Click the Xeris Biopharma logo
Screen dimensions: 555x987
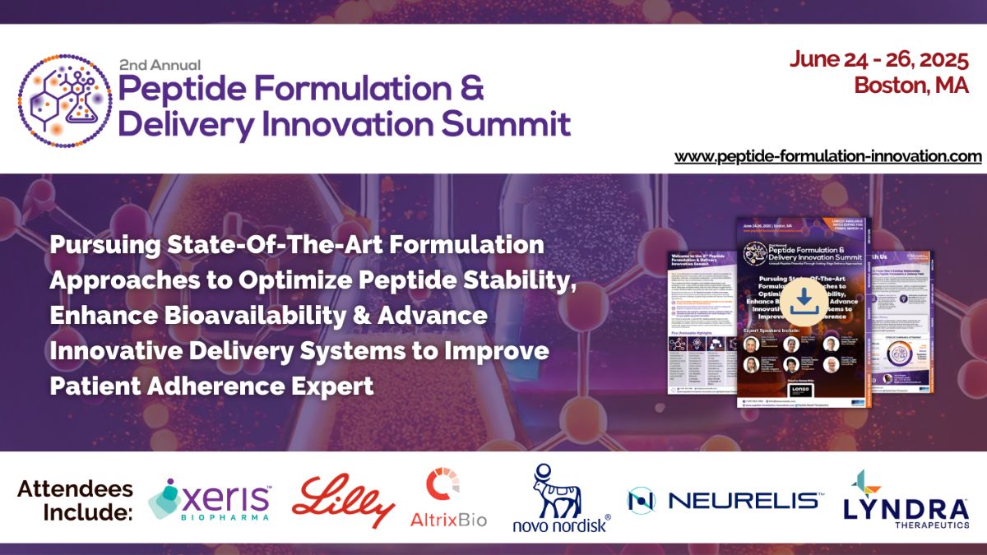pyautogui.click(x=209, y=499)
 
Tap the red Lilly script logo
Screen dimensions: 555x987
pyautogui.click(x=343, y=499)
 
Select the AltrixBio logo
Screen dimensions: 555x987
pyautogui.click(x=448, y=498)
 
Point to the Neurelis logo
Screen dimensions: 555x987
pyautogui.click(x=724, y=500)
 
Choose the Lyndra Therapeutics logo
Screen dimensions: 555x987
pyautogui.click(x=905, y=498)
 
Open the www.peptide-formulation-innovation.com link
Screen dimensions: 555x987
pyautogui.click(x=827, y=156)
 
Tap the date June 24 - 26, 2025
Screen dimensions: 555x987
pyautogui.click(x=879, y=59)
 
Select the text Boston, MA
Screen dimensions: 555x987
pyautogui.click(x=911, y=85)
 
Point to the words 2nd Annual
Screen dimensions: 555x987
pyautogui.click(x=160, y=63)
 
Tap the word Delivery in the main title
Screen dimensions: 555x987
pyautogui.click(x=185, y=124)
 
